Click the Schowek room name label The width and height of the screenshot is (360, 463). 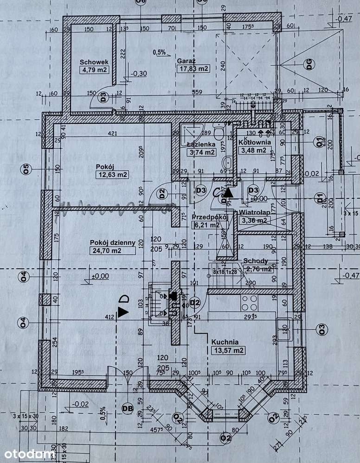[94, 62]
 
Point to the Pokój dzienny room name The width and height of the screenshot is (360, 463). [113, 242]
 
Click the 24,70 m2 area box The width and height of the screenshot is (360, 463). [113, 251]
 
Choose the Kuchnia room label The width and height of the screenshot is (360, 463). [225, 342]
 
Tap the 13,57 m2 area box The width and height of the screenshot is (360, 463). [227, 350]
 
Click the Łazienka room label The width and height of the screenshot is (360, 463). [201, 144]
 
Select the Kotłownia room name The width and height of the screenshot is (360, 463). [252, 143]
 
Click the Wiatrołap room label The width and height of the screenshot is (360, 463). [253, 213]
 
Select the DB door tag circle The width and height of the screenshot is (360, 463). [125, 408]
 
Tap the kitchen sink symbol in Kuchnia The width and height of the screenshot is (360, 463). [284, 330]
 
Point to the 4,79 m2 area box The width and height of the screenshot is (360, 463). [94, 70]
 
